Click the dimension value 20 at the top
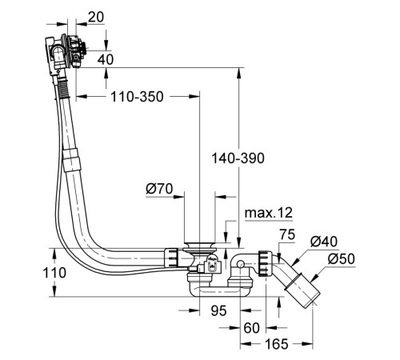pos(96,18)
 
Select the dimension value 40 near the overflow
pos(106,59)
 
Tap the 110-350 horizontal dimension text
pos(137,97)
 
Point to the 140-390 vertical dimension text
pos(238,158)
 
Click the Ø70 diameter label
pos(159,189)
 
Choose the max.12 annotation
pos(269,213)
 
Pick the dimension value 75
pos(287,234)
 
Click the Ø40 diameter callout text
pos(324,242)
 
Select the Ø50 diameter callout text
pos(342,258)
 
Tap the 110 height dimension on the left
pos(54,273)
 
